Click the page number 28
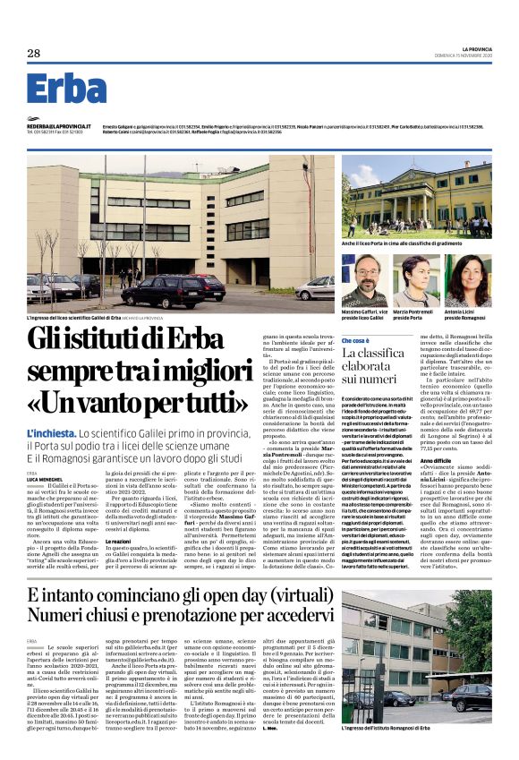(33, 54)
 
